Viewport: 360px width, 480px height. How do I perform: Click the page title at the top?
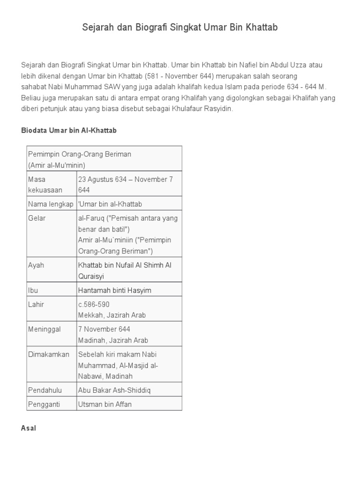click(x=180, y=28)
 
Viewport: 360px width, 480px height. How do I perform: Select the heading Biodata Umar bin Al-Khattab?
click(x=69, y=131)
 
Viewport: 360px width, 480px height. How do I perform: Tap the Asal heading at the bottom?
click(x=29, y=428)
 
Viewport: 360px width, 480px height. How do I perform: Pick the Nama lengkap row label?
click(x=51, y=204)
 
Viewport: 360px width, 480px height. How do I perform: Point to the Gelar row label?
click(x=37, y=218)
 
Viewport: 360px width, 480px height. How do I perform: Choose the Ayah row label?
click(x=36, y=265)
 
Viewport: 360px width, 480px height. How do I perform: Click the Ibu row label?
click(x=33, y=290)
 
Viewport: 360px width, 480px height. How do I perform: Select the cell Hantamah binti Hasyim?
click(x=115, y=290)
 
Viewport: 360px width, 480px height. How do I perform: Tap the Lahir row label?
click(x=36, y=304)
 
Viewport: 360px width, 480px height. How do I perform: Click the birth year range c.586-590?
click(x=94, y=304)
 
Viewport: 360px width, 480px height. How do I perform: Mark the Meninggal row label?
click(x=45, y=329)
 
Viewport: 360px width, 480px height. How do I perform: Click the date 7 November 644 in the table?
click(x=104, y=329)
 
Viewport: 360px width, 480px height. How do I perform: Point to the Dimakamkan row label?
click(x=49, y=354)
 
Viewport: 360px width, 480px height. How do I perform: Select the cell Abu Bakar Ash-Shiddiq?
click(x=115, y=390)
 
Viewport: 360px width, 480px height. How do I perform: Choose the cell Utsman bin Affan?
click(x=105, y=404)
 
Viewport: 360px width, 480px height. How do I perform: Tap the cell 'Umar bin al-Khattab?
click(x=110, y=204)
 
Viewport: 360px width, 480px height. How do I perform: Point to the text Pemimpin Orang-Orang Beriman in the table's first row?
click(x=80, y=154)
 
